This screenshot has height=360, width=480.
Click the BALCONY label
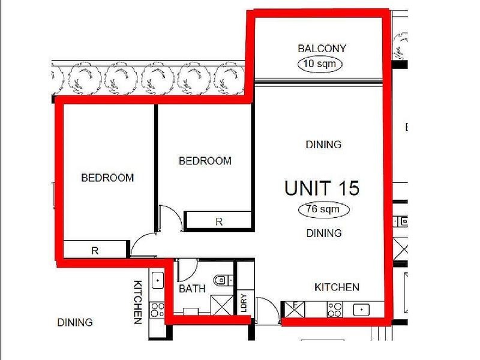point(322,49)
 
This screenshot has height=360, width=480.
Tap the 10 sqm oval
point(322,63)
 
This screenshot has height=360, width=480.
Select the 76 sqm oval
point(323,210)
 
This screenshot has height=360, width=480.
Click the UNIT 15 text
point(322,188)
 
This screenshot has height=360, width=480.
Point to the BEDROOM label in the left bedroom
point(107,178)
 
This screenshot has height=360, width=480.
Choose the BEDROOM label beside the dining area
point(205,161)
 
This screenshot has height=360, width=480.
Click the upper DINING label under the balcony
point(323,145)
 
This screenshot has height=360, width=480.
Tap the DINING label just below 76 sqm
point(323,233)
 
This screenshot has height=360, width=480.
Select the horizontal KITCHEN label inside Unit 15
point(337,287)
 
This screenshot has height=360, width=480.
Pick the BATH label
point(192,289)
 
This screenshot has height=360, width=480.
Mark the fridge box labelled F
point(295,309)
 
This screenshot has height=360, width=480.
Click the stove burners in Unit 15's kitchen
point(334,310)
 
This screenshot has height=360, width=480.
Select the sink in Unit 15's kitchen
point(361,310)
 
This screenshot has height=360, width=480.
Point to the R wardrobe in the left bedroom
point(95,251)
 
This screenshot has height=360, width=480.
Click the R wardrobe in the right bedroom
point(219,221)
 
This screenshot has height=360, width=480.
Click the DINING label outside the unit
point(75,323)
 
